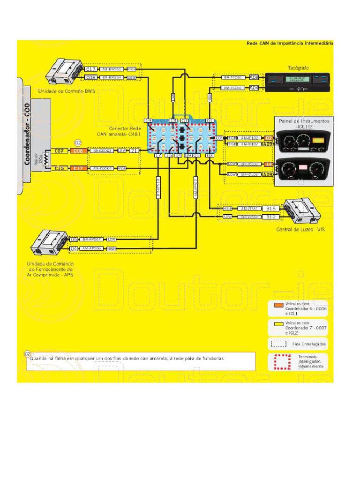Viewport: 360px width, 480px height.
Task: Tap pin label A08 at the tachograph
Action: [x=254, y=77]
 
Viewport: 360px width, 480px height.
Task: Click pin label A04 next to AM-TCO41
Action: [x=254, y=88]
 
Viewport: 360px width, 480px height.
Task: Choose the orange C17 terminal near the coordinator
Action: [x=77, y=168]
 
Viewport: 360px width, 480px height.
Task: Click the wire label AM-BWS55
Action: [x=111, y=69]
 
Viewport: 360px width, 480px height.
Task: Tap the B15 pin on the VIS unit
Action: [x=270, y=208]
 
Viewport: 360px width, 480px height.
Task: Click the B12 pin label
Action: [x=270, y=217]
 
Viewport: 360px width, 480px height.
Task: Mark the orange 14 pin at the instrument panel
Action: [x=268, y=165]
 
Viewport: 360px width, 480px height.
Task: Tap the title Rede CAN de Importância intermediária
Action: [x=290, y=43]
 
